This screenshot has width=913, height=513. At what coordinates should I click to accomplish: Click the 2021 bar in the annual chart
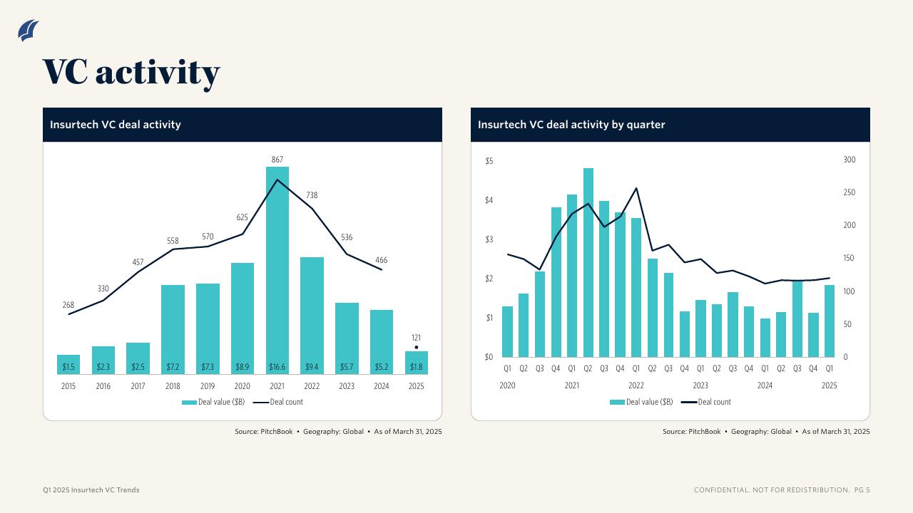pos(277,271)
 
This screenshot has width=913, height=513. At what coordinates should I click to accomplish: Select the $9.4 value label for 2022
pos(312,368)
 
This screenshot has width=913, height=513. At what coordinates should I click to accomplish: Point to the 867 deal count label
pos(277,159)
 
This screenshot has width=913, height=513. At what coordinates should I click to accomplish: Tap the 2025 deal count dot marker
pos(417,348)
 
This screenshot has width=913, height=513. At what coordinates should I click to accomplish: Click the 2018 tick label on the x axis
pos(173,386)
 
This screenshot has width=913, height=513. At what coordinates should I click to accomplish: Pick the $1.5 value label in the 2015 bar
pos(68,368)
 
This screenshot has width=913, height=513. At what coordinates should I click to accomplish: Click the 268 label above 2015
pos(68,305)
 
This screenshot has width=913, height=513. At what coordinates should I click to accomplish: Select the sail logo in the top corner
pos(29,31)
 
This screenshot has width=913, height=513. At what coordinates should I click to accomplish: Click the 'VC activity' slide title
pos(131,72)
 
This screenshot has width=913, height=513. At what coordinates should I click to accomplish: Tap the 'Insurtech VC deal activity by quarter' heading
pos(571,125)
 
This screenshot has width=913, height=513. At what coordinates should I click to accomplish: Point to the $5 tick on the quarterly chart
pos(489,161)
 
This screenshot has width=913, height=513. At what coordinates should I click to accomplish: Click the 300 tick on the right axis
pos(850,160)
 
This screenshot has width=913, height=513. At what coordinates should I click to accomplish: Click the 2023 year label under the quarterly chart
pos(700,385)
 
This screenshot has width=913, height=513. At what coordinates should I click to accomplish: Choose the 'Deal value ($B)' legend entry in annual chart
pos(213,402)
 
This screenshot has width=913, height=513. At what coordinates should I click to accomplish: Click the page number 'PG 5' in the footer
pos(862,490)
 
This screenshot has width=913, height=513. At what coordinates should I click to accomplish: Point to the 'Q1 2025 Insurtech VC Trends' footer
pos(91,490)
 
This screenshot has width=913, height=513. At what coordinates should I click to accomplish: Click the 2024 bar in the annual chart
pos(382,342)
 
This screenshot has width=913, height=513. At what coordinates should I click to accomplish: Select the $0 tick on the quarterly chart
pos(489,357)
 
